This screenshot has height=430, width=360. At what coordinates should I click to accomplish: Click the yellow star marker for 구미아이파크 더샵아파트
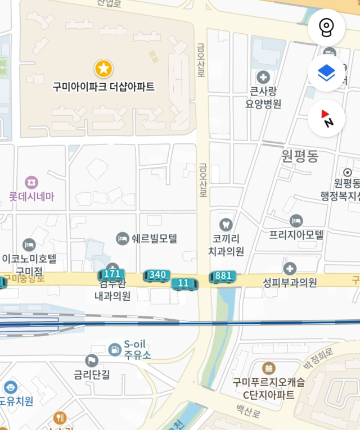point(103,69)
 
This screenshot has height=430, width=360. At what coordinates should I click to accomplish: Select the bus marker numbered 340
point(157,274)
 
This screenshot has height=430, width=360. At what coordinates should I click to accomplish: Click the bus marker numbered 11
point(184,283)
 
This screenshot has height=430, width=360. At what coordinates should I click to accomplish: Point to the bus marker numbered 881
point(223,275)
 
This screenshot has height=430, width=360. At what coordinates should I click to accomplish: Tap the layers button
point(326,73)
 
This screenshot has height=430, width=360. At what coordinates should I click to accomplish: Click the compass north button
point(326,118)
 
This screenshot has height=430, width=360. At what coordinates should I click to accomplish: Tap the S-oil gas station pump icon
point(114,349)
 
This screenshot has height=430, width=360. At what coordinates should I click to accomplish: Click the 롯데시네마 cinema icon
point(31,182)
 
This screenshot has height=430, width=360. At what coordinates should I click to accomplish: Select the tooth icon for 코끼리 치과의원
point(226,224)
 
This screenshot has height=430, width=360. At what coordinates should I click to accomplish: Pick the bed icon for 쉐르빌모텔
point(122,238)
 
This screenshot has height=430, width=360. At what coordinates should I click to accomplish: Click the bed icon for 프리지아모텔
point(296,220)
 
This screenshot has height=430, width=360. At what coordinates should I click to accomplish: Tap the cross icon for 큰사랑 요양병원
point(263,76)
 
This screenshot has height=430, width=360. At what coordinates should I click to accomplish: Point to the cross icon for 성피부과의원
point(290,269)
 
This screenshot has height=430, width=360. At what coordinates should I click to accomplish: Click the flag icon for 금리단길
point(92,360)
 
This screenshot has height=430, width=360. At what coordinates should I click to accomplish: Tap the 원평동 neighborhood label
point(300,156)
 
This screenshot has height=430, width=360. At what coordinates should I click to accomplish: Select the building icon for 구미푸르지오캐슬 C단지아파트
point(269,368)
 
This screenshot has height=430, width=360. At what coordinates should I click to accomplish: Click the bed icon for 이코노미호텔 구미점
point(29,245)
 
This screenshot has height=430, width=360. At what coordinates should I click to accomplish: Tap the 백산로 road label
point(248,413)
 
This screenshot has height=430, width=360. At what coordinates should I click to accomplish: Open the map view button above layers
point(326,27)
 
